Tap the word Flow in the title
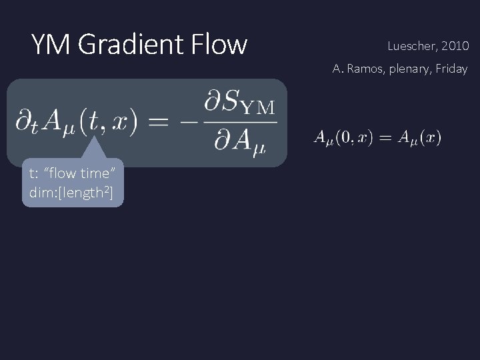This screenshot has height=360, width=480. click(219, 45)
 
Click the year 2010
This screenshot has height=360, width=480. click(455, 47)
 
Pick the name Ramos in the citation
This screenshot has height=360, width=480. click(362, 69)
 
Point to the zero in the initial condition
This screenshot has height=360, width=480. click(345, 138)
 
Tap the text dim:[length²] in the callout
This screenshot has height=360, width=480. click(73, 193)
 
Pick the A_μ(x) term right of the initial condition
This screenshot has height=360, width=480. click(419, 138)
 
